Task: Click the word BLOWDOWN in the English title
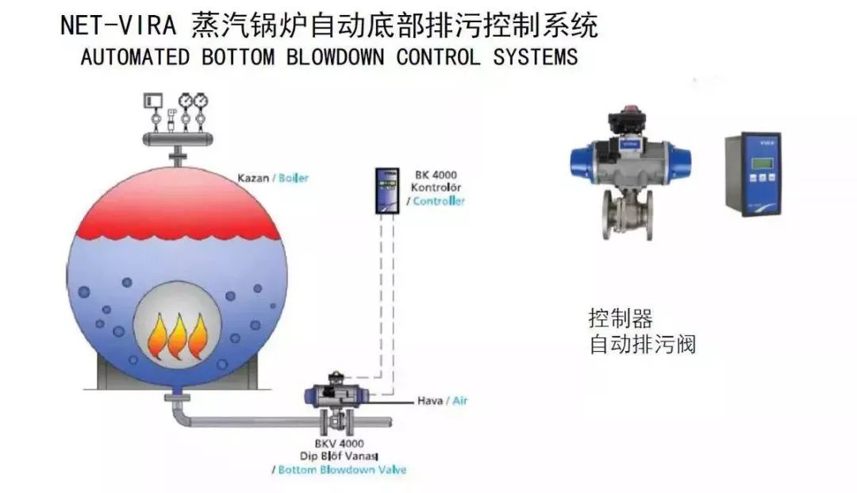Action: (x=335, y=57)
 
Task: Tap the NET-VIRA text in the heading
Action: (x=118, y=25)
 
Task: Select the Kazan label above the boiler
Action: (x=253, y=178)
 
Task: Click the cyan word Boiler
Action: (x=294, y=178)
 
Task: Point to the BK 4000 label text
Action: (x=436, y=175)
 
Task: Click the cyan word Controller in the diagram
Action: (x=438, y=201)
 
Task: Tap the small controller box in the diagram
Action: (x=387, y=191)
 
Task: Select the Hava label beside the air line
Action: (x=429, y=401)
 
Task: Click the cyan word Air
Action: (x=459, y=401)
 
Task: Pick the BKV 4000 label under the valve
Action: (x=339, y=443)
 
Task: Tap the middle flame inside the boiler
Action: (x=178, y=337)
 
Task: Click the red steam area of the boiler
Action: (x=177, y=204)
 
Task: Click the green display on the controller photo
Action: (x=761, y=164)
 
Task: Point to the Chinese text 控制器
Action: (x=621, y=318)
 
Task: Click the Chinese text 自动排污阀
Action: (x=643, y=345)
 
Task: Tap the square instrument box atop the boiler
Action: (x=153, y=101)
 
